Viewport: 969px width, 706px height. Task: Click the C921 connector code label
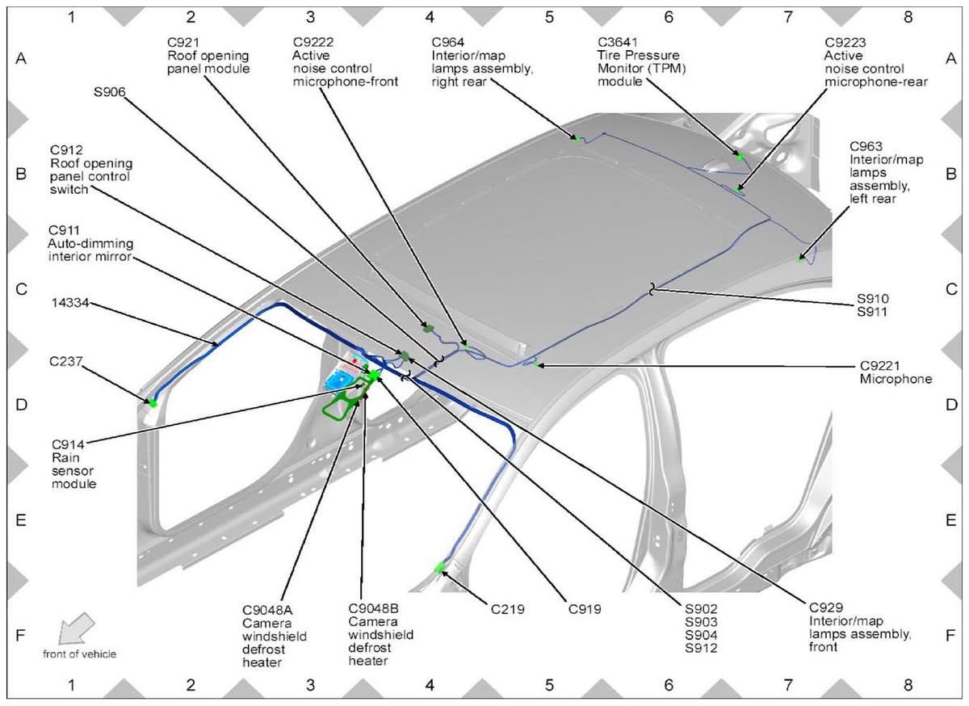[x=183, y=43]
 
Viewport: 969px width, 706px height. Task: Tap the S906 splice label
[x=110, y=92]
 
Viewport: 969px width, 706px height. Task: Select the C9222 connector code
[x=313, y=43]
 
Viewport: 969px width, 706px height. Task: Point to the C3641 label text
[x=617, y=43]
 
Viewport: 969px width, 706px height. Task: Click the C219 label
[x=507, y=610]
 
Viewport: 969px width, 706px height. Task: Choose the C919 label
[x=585, y=610]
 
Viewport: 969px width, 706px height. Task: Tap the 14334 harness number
[x=70, y=303]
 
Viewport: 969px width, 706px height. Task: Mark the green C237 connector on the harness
[x=153, y=403]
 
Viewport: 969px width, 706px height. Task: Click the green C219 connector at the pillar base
[x=439, y=568]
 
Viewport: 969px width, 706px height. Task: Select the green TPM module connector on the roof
[x=740, y=156]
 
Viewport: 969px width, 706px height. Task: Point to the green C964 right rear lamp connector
[x=577, y=138]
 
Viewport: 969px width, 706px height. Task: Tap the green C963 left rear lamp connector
[x=800, y=260]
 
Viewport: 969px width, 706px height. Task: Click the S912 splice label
[x=701, y=648]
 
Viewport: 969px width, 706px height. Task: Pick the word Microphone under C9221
[x=896, y=379]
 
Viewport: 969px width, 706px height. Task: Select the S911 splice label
[x=872, y=312]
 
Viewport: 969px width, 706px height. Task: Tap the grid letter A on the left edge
[x=21, y=58]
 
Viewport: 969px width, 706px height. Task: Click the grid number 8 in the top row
[x=908, y=17]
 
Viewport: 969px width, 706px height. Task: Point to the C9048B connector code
[x=373, y=608]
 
